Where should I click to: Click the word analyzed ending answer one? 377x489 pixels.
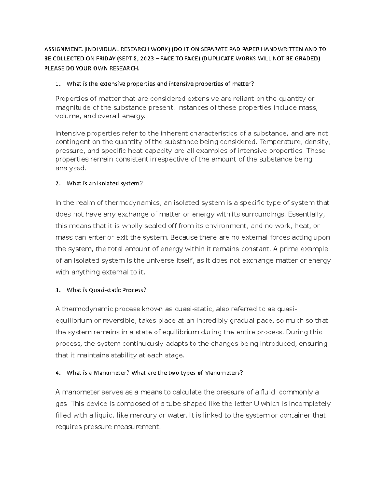70,168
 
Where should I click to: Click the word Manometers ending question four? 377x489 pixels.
223,373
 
